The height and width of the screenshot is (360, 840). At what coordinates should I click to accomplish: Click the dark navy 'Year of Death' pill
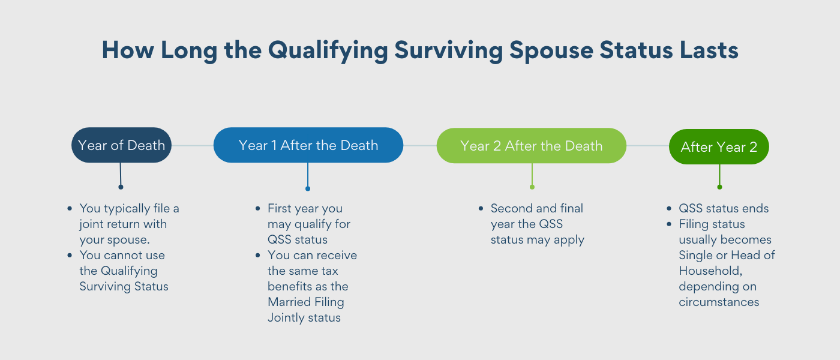[121, 145]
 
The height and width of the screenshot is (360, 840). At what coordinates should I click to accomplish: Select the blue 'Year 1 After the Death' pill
[308, 145]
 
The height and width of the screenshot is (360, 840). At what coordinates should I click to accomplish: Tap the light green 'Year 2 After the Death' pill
[531, 146]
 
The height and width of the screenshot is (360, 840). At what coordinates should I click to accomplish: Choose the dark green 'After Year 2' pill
[719, 147]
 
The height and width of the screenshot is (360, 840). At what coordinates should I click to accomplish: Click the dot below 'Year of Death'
[121, 187]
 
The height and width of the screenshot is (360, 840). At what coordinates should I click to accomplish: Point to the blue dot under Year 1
[308, 188]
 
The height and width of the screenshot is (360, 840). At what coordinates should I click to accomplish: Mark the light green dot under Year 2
[532, 187]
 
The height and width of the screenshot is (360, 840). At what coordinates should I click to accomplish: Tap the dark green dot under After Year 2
[719, 187]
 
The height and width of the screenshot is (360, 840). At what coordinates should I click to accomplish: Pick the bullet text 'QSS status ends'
[724, 209]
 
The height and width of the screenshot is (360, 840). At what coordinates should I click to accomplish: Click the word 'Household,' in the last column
[709, 271]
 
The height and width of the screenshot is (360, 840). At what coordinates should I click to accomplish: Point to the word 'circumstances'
[719, 302]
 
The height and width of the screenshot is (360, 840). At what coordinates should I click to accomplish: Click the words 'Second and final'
[536, 209]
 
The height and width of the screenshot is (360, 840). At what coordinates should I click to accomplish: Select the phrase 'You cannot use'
[122, 256]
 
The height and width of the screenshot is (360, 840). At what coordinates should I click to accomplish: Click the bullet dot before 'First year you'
[255, 209]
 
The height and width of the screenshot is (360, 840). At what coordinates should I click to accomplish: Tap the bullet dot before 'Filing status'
[669, 224]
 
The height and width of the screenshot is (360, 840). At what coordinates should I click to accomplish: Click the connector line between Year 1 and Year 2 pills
[419, 145]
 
